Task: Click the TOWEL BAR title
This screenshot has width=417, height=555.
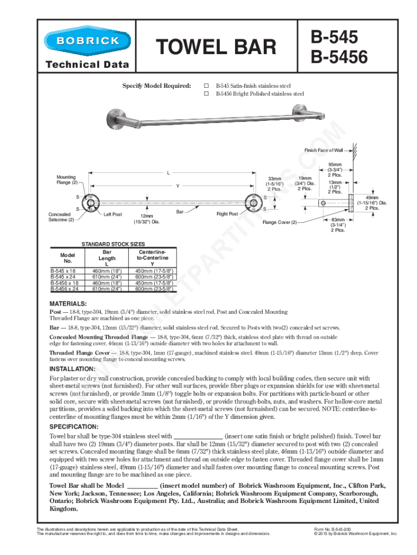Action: pyautogui.click(x=216, y=48)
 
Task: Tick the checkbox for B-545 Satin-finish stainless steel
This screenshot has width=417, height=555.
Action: pyautogui.click(x=206, y=86)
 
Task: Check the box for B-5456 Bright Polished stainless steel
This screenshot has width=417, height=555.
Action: pyautogui.click(x=206, y=94)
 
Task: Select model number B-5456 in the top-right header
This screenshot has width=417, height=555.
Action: pyautogui.click(x=338, y=56)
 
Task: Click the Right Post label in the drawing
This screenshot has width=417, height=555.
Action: pyautogui.click(x=227, y=214)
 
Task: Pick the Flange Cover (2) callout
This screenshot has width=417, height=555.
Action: pyautogui.click(x=280, y=222)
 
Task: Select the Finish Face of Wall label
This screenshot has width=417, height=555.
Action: pyautogui.click(x=323, y=150)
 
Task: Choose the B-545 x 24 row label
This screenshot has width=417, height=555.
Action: pyautogui.click(x=63, y=276)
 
